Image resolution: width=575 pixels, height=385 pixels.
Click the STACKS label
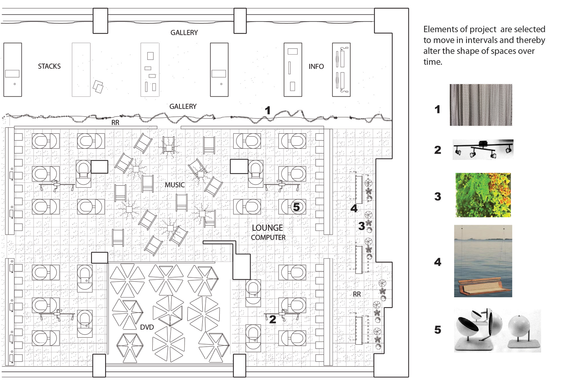point(49,66)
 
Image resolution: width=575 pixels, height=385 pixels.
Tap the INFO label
point(316,66)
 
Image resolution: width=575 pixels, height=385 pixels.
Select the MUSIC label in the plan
point(175,185)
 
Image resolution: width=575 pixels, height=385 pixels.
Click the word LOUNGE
point(267,228)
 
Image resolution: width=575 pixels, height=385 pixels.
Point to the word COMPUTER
point(268,238)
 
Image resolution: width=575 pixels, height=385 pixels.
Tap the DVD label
point(147,327)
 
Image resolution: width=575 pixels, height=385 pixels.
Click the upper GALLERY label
point(184,33)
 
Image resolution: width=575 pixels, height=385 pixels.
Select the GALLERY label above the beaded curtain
point(183,106)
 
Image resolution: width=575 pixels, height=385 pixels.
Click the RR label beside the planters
point(357,294)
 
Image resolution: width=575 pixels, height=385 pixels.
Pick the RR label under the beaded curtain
point(115,123)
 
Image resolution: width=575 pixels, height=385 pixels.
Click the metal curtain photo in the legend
point(481,105)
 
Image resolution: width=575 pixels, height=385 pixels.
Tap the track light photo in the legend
point(483,149)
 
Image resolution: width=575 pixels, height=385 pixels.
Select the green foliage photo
point(483,195)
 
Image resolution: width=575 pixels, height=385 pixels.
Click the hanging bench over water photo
point(483,261)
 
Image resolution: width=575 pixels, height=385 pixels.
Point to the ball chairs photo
point(497,330)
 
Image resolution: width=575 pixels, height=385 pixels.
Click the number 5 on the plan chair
point(296,207)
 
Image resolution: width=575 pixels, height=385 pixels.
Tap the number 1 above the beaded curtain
point(268,110)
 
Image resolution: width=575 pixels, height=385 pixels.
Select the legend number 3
point(438,196)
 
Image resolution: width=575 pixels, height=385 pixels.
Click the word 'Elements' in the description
point(439,29)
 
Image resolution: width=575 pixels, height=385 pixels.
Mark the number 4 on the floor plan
point(354,208)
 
